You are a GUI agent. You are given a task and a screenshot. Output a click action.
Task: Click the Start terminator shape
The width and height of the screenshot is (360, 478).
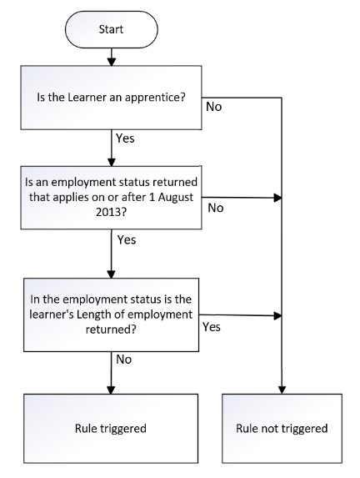click(112, 29)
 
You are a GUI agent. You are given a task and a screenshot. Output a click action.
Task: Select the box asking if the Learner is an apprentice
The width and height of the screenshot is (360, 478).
click(111, 98)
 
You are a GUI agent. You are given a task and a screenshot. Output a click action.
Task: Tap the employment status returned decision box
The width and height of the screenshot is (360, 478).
click(111, 197)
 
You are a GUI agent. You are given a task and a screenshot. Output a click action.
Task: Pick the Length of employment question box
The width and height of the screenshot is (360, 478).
click(111, 314)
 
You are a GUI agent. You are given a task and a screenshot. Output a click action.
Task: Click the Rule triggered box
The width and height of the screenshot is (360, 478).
click(111, 428)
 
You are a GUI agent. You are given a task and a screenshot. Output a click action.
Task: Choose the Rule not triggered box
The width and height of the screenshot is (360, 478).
click(282, 428)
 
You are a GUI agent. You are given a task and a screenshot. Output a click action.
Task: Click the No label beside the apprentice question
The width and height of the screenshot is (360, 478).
click(214, 107)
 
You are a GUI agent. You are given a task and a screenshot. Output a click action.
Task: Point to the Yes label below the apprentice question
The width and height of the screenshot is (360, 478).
click(125, 138)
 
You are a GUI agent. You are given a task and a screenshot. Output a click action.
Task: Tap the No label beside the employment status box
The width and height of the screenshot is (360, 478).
click(216, 208)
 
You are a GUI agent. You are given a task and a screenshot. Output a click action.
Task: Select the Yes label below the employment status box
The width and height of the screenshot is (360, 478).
click(127, 239)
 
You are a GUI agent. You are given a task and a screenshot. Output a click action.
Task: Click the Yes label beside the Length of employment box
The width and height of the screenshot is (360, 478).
click(212, 327)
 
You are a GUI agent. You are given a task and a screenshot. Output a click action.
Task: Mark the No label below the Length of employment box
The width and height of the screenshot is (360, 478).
click(123, 360)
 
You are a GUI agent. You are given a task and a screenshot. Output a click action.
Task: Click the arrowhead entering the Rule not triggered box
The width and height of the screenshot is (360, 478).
click(282, 390)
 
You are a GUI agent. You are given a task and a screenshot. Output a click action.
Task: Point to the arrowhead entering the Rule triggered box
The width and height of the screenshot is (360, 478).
click(111, 390)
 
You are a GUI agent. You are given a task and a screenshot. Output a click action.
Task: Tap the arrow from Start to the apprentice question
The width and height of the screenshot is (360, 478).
click(112, 57)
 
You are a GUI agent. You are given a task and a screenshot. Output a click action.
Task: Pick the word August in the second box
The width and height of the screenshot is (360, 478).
click(176, 197)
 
